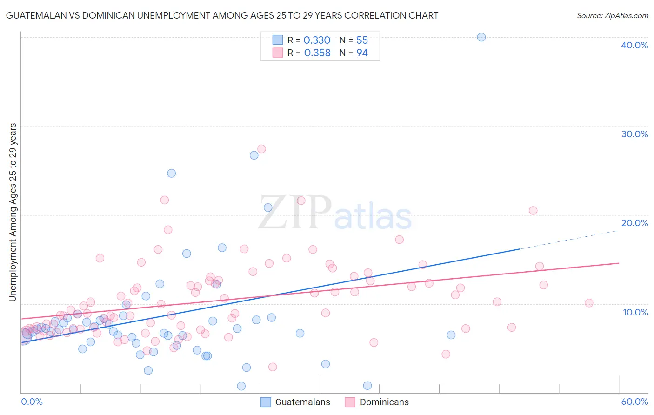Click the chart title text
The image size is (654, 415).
tap(222, 15)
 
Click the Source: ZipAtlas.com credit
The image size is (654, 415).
tap(612, 15)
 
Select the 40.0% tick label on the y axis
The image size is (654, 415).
tap(634, 45)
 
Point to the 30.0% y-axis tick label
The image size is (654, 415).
tap(634, 134)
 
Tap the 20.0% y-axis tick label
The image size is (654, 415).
tap(634, 223)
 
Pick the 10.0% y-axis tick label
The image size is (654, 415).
tap(634, 312)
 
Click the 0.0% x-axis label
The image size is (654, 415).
tap(32, 402)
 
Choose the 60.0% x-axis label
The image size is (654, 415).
tap(634, 402)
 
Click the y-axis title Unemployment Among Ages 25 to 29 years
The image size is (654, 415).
tap(13, 212)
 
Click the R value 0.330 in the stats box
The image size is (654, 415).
tap(317, 40)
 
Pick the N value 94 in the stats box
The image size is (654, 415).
tap(362, 53)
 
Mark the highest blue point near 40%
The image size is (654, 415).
tap(481, 37)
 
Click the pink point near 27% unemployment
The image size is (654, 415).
tap(261, 149)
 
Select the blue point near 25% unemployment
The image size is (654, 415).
tap(171, 173)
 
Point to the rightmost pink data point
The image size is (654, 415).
tap(589, 303)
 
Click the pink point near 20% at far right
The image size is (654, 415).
tap(533, 210)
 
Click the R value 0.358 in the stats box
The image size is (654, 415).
tap(317, 53)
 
